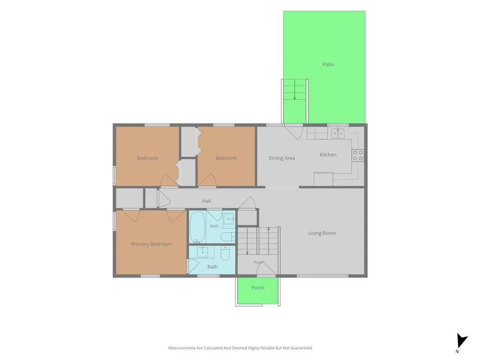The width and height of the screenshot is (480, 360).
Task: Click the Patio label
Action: click(x=328, y=64)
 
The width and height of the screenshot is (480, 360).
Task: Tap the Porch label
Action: click(x=257, y=288)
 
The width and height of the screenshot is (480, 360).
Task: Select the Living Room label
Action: click(x=322, y=233)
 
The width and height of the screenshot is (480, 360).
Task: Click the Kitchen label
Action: click(x=328, y=155)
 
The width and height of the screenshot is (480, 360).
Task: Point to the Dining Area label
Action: click(x=282, y=158)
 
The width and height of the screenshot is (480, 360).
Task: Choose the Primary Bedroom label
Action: click(x=151, y=244)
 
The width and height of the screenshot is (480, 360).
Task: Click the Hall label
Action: click(x=207, y=201)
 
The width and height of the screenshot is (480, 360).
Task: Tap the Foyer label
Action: click(x=259, y=262)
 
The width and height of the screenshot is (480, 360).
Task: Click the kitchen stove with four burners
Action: click(x=358, y=155)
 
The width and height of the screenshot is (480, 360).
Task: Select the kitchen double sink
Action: click(x=337, y=133)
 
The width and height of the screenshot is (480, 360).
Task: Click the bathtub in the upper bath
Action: click(x=197, y=227)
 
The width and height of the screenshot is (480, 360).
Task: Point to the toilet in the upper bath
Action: click(x=227, y=237)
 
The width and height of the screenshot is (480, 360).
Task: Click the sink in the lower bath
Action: click(x=202, y=252)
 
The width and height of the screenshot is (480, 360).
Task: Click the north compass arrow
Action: click(x=462, y=341)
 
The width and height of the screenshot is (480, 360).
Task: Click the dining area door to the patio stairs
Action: click(x=294, y=132)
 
